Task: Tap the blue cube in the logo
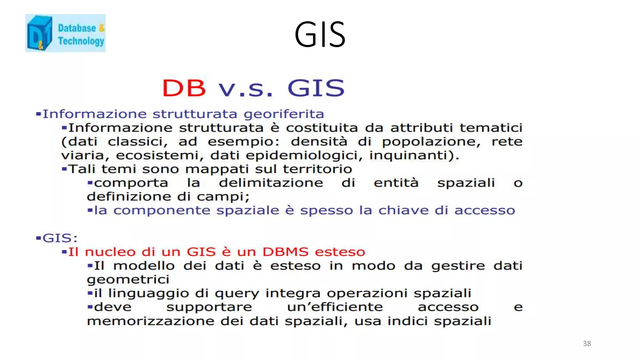pos(39,33)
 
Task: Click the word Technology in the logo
pos(81,41)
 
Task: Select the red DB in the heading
pos(184,88)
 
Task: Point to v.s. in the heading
pos(246,89)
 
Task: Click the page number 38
pos(587,343)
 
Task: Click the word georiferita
pos(284,114)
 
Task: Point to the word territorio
pos(317,169)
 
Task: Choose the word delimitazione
pos(271,183)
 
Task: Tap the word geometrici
pos(128,280)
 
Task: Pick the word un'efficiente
pos(335,307)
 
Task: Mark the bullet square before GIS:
pos(38,238)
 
